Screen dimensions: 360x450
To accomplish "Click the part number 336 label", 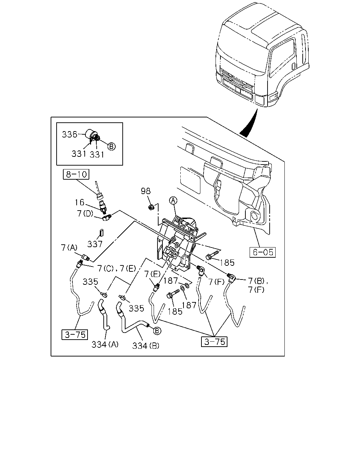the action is (x=70, y=134).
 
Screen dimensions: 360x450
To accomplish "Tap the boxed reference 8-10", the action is (x=76, y=174).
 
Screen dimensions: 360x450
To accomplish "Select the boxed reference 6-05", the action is (x=263, y=252).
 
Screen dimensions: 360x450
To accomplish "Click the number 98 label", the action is (x=146, y=191).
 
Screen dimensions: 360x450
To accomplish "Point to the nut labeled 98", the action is (x=151, y=207).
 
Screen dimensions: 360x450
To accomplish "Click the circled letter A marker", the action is (x=173, y=201).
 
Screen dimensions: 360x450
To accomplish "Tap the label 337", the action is (x=95, y=244).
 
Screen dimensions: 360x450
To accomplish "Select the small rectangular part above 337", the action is (x=102, y=233).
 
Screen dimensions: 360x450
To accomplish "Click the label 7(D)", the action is (x=85, y=213).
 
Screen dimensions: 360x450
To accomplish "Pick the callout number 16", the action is (x=79, y=202).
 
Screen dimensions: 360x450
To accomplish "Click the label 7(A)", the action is (x=69, y=248).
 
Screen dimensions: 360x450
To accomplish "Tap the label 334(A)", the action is (x=105, y=345).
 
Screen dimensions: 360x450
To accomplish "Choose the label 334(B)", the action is (x=146, y=346).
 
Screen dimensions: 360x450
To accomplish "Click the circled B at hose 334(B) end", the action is (x=157, y=331).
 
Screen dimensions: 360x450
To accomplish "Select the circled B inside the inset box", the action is (x=111, y=147).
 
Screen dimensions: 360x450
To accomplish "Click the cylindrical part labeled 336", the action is (x=91, y=134).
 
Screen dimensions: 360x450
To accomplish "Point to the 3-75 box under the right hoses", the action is (x=214, y=342).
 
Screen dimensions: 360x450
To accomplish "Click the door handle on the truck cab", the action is (x=293, y=66).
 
